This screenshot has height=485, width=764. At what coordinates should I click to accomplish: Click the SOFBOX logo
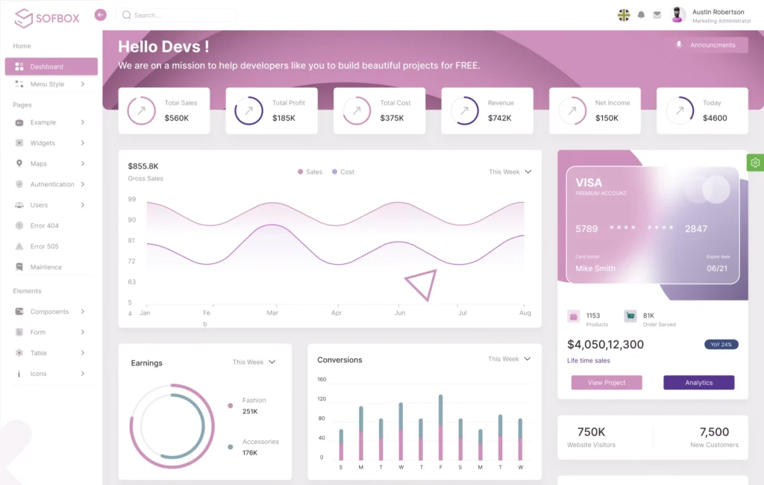point(47,17)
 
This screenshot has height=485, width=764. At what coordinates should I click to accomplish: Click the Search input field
point(179,15)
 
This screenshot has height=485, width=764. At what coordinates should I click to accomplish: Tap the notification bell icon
point(641,15)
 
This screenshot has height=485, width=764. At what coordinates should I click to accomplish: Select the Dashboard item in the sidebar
point(51,66)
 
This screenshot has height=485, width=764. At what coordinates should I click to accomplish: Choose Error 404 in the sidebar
point(44,225)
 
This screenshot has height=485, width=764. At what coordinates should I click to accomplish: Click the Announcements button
point(710,45)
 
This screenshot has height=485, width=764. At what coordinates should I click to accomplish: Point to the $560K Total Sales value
point(177,118)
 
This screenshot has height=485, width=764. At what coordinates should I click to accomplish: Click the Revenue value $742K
point(500,118)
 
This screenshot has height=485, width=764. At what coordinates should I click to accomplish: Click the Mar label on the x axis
point(272,313)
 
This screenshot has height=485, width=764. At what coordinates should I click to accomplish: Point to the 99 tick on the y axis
point(132,199)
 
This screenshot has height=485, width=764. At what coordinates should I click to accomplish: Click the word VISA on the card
point(589,182)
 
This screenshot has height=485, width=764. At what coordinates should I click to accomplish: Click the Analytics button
point(698,383)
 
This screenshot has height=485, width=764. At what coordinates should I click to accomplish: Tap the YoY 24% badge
point(721,345)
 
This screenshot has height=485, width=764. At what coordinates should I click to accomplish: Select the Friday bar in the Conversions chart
point(441,428)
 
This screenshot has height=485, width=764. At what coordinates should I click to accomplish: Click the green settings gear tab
point(755,163)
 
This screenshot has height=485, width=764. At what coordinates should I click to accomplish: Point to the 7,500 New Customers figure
point(714,432)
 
